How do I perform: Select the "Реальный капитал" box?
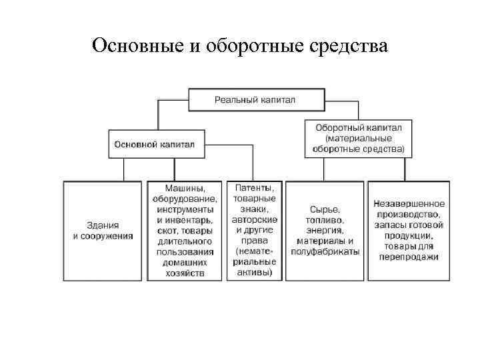(x=255, y=100)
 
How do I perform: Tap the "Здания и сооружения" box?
(x=103, y=230)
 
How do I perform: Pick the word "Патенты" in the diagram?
(x=254, y=189)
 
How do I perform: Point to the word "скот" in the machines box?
(x=166, y=230)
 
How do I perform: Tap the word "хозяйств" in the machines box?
(x=184, y=273)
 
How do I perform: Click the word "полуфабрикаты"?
(x=325, y=251)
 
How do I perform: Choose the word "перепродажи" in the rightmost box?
(x=410, y=257)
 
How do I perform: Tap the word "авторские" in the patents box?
(x=254, y=219)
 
